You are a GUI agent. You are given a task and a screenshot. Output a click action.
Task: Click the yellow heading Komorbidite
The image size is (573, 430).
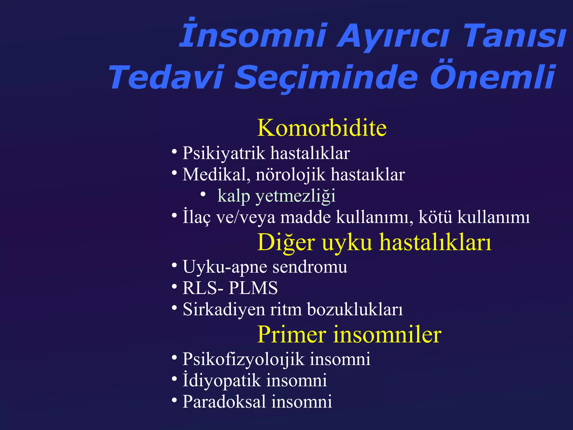(322, 128)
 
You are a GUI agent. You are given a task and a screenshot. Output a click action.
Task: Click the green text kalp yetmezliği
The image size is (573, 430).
(276, 196)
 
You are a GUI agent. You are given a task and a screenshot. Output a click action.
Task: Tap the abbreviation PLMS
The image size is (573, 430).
(253, 288)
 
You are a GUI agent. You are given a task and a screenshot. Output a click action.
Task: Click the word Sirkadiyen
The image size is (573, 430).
(224, 310)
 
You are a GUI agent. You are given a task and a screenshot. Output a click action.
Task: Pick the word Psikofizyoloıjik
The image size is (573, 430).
(243, 359)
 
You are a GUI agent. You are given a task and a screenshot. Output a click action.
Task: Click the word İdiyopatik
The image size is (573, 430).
(221, 380)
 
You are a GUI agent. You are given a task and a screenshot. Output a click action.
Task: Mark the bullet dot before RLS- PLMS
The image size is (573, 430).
(174, 287)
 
